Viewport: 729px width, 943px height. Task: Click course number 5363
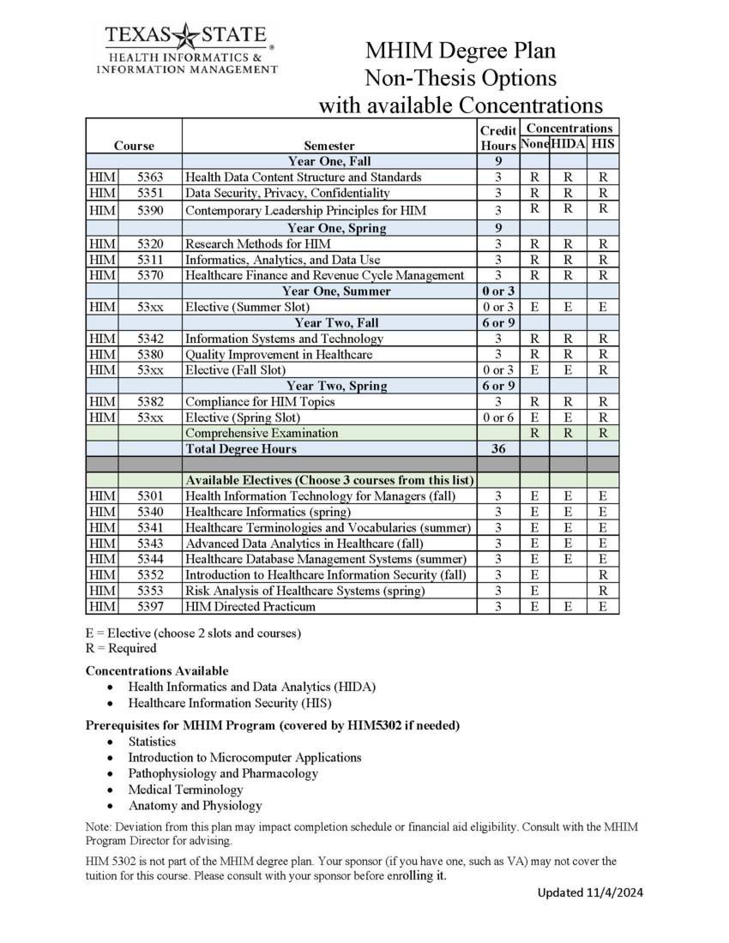click(x=150, y=177)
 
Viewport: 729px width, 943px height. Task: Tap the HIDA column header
click(x=568, y=145)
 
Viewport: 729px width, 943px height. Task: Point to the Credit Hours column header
click(x=497, y=138)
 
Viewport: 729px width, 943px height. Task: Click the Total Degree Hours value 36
click(x=497, y=449)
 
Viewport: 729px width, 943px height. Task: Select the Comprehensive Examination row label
click(x=262, y=433)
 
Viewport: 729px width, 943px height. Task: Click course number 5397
click(x=150, y=607)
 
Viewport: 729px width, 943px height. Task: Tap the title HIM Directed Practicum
click(x=250, y=607)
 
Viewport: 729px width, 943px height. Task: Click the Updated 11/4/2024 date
click(x=590, y=892)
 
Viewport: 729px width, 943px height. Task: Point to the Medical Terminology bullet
click(x=185, y=790)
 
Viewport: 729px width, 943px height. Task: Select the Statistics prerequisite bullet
click(x=152, y=742)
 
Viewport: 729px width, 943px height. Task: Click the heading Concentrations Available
click(x=157, y=670)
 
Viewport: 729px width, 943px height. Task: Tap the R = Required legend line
click(x=121, y=648)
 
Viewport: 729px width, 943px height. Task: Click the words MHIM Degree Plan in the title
click(x=460, y=51)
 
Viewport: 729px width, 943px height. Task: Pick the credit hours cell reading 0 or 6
click(x=497, y=417)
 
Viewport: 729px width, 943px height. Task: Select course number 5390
click(x=150, y=210)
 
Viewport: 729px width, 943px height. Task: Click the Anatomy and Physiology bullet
click(x=195, y=806)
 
